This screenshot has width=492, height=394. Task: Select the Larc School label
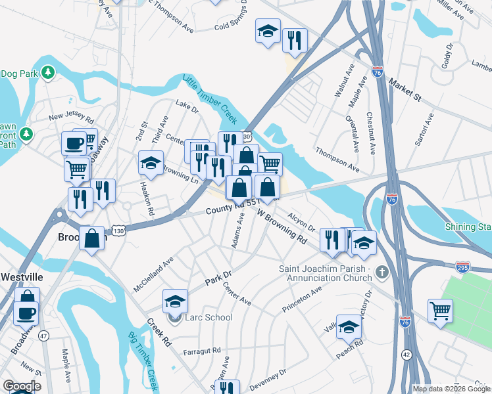click(209, 318)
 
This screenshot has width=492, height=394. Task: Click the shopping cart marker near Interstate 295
click(440, 310)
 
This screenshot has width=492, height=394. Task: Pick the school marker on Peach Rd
click(349, 326)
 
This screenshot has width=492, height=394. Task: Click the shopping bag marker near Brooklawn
click(92, 237)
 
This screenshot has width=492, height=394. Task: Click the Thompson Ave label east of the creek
click(337, 159)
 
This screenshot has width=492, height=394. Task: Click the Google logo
click(22, 386)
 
